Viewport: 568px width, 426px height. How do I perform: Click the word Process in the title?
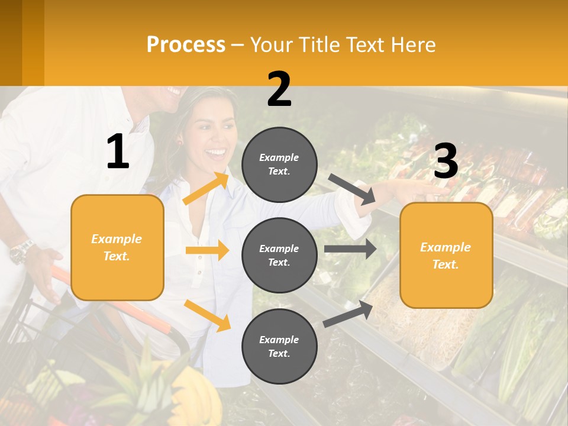click(x=186, y=45)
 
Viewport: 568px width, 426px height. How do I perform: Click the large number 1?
click(x=118, y=151)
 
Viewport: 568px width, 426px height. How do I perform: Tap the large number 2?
click(x=279, y=89)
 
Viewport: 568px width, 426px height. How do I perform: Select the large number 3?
click(x=446, y=162)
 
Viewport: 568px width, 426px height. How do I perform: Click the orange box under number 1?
click(x=117, y=247)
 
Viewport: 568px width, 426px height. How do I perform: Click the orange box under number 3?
click(x=446, y=255)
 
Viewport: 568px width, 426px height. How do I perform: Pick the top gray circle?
click(x=280, y=164)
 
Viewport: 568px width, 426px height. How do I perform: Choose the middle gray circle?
click(x=280, y=255)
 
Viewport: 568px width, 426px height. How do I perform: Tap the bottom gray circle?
click(x=280, y=346)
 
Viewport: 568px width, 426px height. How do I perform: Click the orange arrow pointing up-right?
click(x=206, y=189)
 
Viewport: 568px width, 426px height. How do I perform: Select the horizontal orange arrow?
click(x=207, y=250)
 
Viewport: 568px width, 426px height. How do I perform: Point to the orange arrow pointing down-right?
click(x=207, y=315)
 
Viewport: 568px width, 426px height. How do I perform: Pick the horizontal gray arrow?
click(x=350, y=249)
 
